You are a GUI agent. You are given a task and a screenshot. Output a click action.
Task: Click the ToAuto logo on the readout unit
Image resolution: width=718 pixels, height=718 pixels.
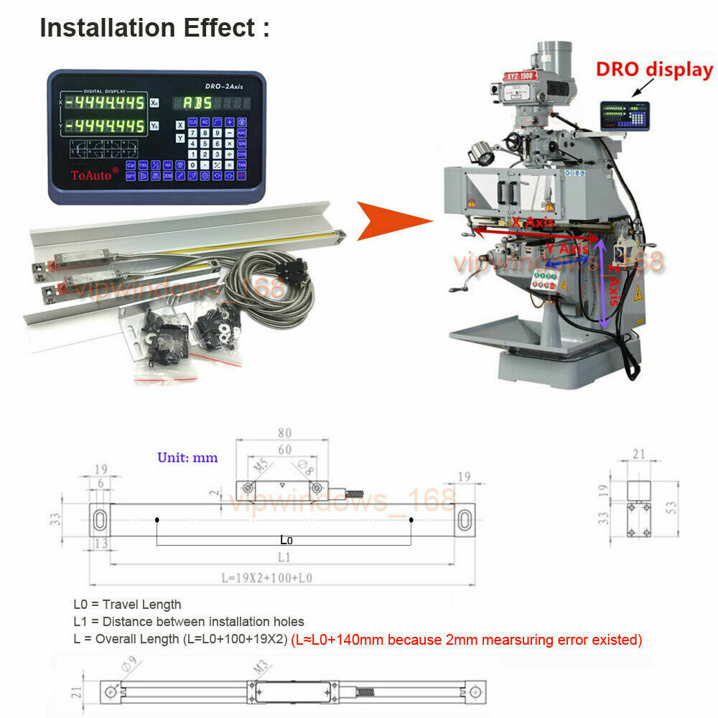pos(90,174)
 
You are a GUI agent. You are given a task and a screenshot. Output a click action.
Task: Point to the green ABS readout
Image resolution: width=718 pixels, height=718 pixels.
pos(198,103)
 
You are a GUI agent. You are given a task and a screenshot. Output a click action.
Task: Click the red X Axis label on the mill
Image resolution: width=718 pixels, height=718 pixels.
pos(532,223)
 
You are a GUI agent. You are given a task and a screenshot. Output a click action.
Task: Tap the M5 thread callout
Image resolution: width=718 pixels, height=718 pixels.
pos(262,467)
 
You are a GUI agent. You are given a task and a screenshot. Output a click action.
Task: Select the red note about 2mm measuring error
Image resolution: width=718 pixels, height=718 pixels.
pos(466,639)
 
